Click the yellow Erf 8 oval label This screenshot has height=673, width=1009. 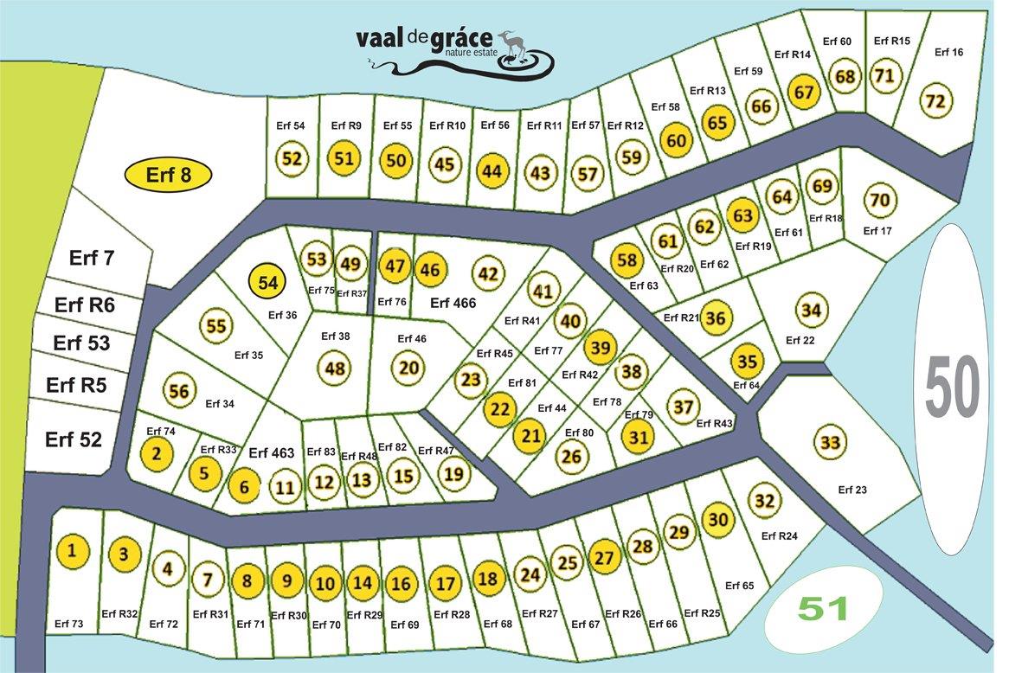tap(168, 176)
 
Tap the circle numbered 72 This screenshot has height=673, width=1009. tap(935, 100)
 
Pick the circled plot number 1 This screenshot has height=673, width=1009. tap(73, 550)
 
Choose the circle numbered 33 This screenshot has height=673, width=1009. tap(830, 444)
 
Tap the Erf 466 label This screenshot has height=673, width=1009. tap(453, 303)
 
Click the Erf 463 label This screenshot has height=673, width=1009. tap(272, 452)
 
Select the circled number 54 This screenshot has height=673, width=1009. tap(268, 282)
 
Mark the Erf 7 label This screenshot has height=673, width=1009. tap(91, 258)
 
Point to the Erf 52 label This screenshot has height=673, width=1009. tap(74, 439)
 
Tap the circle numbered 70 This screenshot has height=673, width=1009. tap(879, 201)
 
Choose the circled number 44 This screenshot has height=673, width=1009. tap(492, 170)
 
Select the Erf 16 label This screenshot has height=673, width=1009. tap(949, 52)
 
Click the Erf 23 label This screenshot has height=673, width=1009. tap(852, 490)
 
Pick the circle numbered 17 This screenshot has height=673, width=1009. tap(445, 583)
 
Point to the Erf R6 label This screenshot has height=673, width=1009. tap(85, 305)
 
